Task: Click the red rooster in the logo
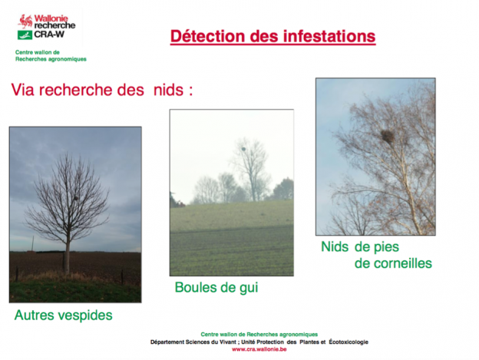tap(25, 21)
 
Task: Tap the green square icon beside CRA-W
tap(25, 35)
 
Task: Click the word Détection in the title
tap(208, 36)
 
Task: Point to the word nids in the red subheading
tap(168, 90)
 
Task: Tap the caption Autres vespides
tap(64, 315)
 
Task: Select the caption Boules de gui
tap(216, 288)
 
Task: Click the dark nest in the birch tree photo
tap(387, 136)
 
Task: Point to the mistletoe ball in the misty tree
tap(243, 149)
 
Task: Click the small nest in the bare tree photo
tap(76, 199)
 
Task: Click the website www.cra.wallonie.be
tap(259, 349)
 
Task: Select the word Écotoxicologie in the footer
tap(349, 342)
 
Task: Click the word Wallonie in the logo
tap(51, 18)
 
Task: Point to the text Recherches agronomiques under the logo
tap(51, 59)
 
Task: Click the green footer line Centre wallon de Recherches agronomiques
tap(259, 335)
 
